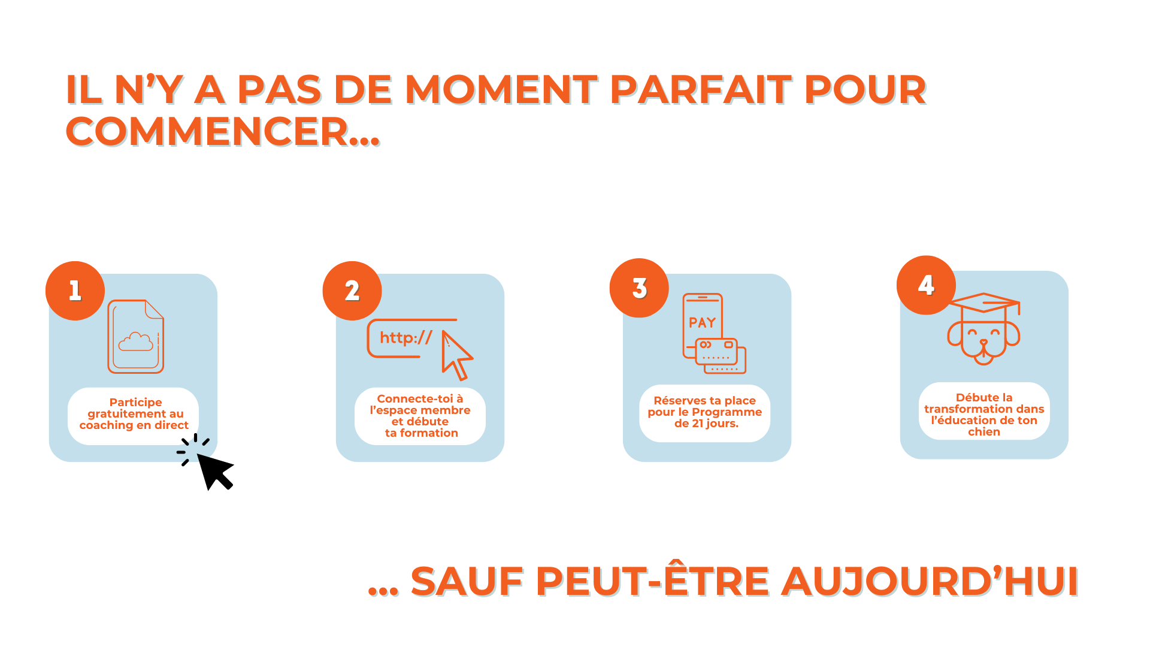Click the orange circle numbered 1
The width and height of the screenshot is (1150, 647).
(75, 291)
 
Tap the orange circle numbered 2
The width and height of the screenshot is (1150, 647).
(352, 291)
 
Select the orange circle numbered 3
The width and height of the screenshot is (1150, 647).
(639, 288)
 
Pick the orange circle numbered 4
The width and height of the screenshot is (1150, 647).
(926, 285)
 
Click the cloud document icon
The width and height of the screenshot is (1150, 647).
(136, 336)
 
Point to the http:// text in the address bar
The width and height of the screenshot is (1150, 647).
(406, 338)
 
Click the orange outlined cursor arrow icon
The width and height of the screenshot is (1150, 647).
(457, 355)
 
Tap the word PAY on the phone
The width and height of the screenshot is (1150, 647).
(703, 323)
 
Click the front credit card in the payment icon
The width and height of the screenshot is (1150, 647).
(716, 351)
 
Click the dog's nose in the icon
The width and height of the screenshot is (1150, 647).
(983, 343)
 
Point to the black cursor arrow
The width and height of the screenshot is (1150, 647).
(214, 471)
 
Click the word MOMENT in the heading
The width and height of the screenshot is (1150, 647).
(501, 90)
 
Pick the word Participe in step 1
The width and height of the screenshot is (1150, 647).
(135, 403)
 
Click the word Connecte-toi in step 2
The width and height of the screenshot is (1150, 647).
(415, 398)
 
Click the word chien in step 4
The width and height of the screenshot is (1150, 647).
(984, 432)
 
